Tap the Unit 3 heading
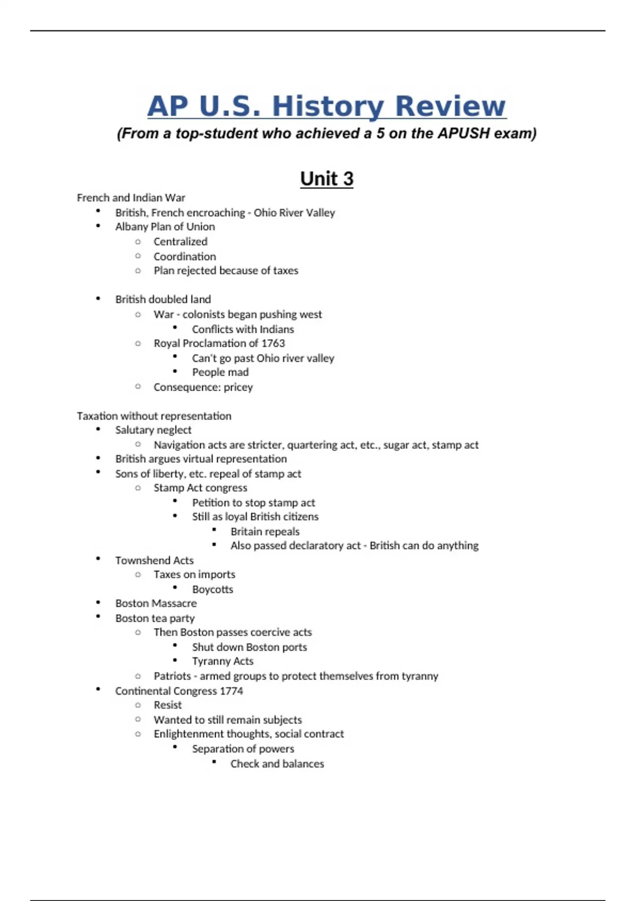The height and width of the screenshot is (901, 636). coord(326,179)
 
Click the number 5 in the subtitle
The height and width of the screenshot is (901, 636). coord(380,133)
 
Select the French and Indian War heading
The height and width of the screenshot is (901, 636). coord(131,198)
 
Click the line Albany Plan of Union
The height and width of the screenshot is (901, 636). coord(165,227)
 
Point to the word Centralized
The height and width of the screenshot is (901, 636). coord(180,242)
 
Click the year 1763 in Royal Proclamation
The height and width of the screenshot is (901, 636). coord(273,343)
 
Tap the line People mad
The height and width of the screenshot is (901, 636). coord(220,373)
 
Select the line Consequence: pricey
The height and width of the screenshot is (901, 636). coord(203,387)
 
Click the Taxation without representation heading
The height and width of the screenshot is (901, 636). coord(154,416)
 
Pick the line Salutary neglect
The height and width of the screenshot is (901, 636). coord(153,430)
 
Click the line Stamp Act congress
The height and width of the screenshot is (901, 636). coord(200,488)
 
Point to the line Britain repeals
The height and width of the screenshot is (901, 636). coord(265,532)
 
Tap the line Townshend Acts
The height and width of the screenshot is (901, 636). coord(154,561)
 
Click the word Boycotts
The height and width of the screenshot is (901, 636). coord(213,589)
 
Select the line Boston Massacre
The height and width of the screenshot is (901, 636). coord(156,604)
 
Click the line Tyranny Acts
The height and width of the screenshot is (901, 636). coord(223,661)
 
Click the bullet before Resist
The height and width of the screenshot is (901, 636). coord(138,705)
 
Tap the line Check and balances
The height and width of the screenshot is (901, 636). coord(277,764)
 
